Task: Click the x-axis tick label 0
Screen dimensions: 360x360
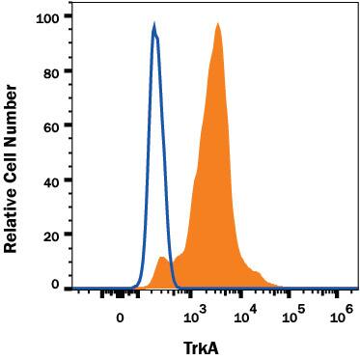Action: click(120, 316)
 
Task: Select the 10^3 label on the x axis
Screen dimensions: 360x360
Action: click(195, 313)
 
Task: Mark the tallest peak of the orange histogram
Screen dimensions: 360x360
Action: click(218, 24)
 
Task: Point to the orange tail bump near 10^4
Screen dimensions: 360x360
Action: click(255, 272)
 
